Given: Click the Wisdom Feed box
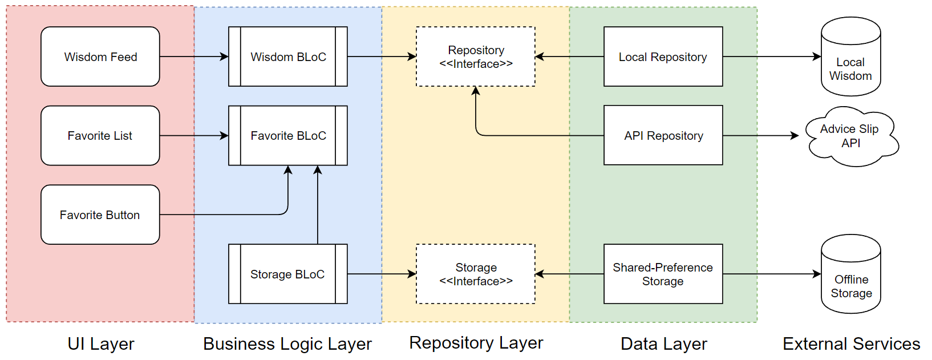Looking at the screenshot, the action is [100, 56].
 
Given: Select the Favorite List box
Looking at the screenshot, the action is [100, 136].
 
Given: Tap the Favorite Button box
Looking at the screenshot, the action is [100, 215].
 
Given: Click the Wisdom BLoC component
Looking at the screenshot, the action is [288, 56].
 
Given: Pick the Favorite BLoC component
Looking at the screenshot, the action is [288, 136].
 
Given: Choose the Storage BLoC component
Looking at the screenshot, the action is [288, 274].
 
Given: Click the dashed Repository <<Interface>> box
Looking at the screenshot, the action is [476, 56].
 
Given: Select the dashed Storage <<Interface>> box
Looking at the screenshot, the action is [476, 274].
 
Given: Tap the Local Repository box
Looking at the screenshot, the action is [663, 56].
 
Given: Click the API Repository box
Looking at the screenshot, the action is [663, 135].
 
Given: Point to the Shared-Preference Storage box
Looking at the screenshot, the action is [663, 274].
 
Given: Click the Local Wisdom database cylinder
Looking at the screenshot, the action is [851, 56].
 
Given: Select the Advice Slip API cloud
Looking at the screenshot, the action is [852, 136].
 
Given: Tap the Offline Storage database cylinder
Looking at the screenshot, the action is [851, 274].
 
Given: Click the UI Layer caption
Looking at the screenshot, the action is [101, 344].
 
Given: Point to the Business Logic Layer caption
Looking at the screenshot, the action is [287, 344].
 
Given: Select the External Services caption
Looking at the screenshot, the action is [851, 344].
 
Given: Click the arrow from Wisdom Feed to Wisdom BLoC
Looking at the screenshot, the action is [194, 56].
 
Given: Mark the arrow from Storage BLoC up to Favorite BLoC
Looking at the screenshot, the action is [318, 205].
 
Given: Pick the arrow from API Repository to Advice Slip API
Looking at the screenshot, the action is [761, 136].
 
